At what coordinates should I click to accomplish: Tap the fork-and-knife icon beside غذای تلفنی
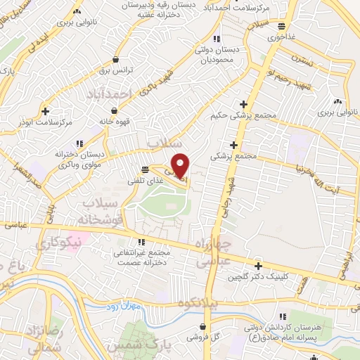pos(145,169)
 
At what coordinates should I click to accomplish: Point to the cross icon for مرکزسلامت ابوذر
pos(46,110)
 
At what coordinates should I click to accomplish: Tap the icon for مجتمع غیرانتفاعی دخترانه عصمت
pos(127,243)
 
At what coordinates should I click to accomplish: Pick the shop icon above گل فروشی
pos(203,326)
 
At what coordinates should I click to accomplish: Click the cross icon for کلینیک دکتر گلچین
pos(259,266)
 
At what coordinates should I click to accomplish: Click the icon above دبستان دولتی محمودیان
pos(217,38)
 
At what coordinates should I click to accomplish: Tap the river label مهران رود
pos(127,307)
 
